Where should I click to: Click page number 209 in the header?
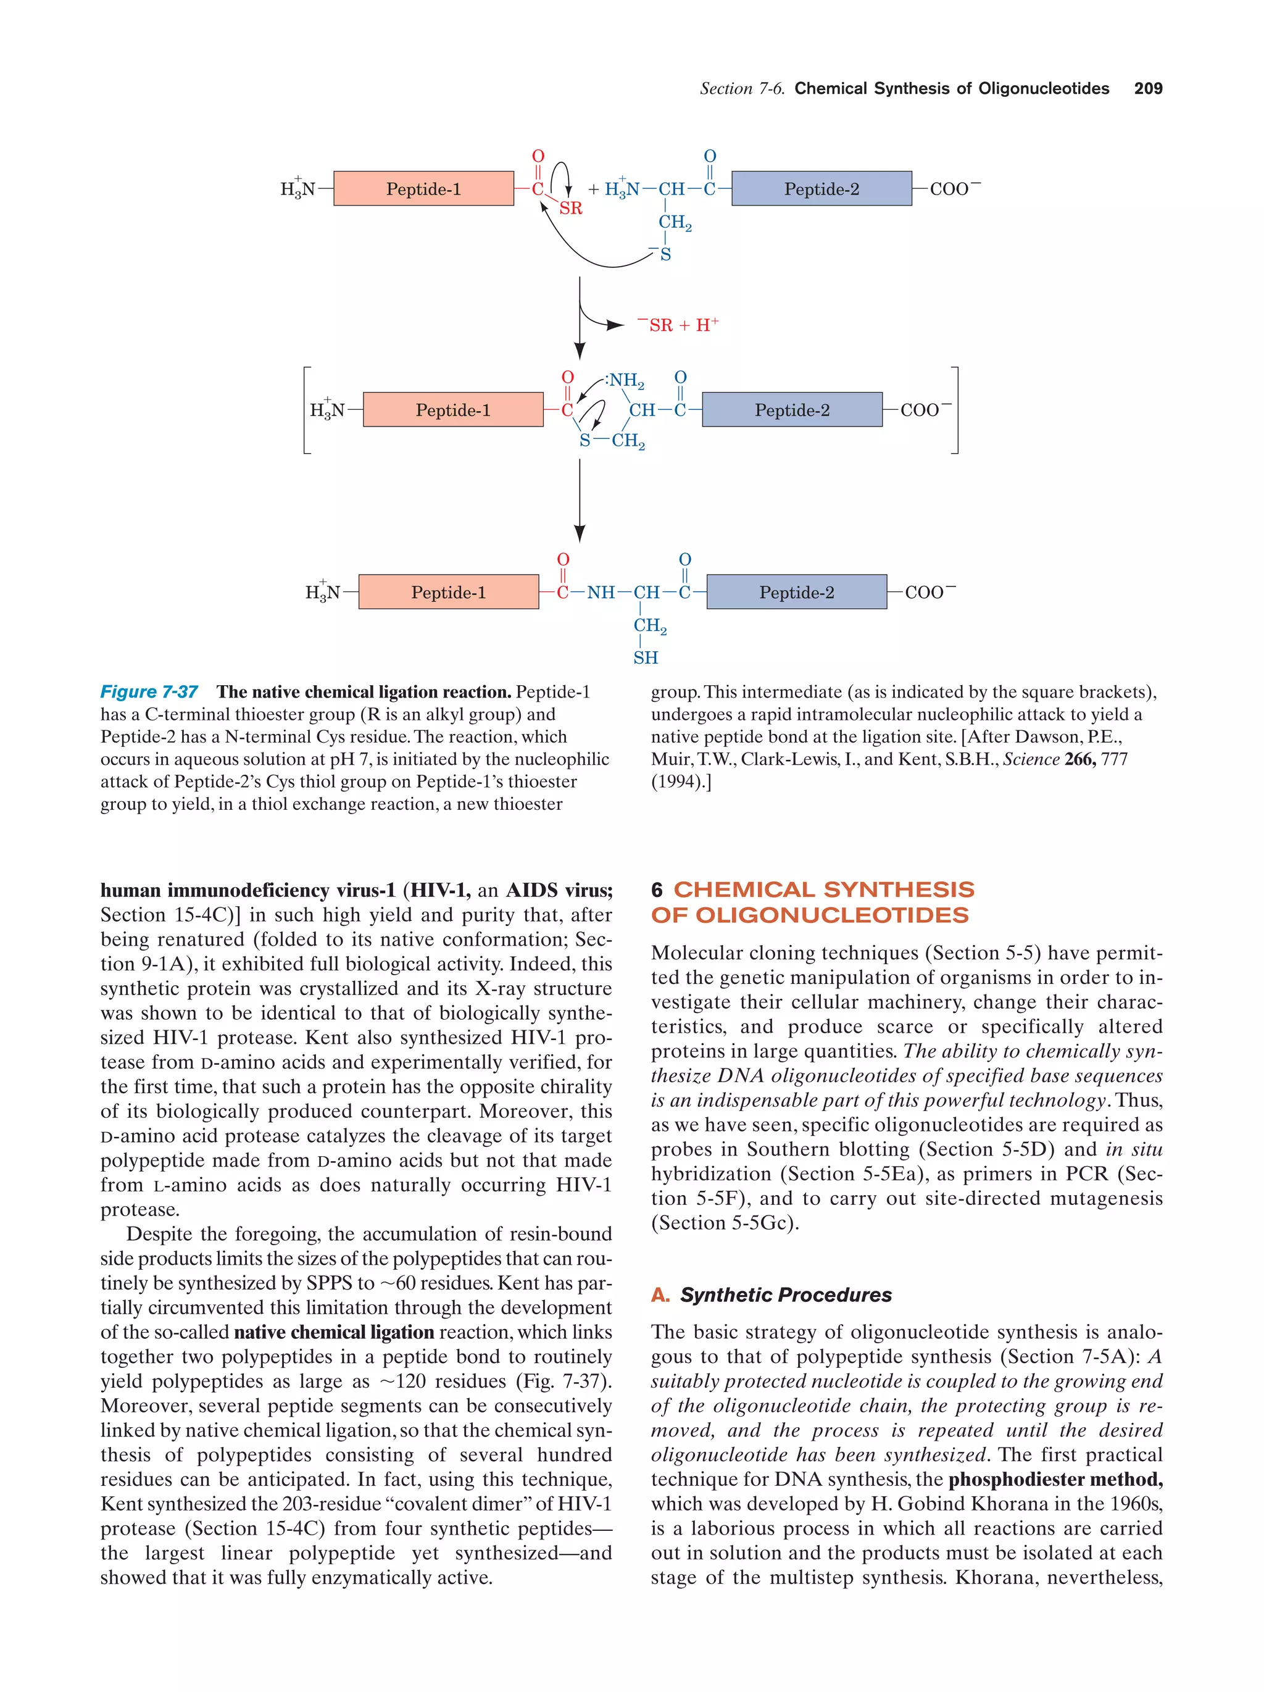[1147, 89]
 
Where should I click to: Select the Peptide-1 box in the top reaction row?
[423, 189]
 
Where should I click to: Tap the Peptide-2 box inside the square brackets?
[791, 410]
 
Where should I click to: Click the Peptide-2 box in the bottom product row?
[796, 592]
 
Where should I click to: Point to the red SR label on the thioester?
[570, 209]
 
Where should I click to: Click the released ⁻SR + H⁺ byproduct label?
[678, 325]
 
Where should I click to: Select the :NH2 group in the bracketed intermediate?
[625, 380]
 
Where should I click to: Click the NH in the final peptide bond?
[601, 593]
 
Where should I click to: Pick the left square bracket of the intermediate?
[307, 410]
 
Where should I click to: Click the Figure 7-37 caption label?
[149, 692]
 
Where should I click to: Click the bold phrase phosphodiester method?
[1055, 1480]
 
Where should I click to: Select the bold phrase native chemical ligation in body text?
[333, 1332]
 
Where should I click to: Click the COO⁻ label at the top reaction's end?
[954, 189]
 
